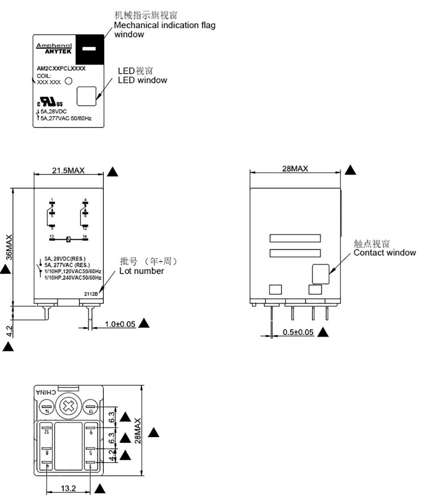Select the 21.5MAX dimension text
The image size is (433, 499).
pyautogui.click(x=68, y=171)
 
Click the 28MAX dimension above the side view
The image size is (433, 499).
pyautogui.click(x=295, y=169)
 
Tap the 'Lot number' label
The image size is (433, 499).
pyautogui.click(x=142, y=271)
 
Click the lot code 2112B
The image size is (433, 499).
pyautogui.click(x=91, y=295)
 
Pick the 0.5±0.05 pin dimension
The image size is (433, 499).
pyautogui.click(x=298, y=332)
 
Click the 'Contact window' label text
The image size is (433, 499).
pyautogui.click(x=385, y=252)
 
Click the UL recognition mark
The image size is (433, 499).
pyautogui.click(x=47, y=103)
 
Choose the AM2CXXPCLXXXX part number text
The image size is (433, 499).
pyautogui.click(x=61, y=69)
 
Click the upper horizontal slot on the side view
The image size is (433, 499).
pyautogui.click(x=295, y=238)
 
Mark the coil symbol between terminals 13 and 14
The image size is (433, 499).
pyautogui.click(x=68, y=239)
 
